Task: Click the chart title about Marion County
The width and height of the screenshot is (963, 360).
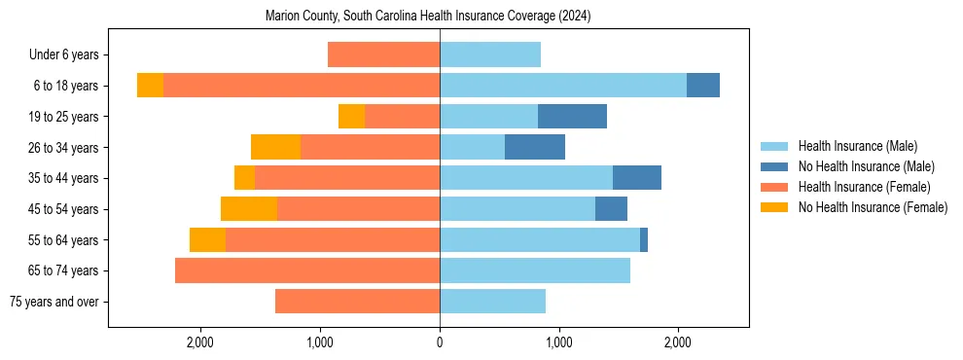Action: [x=428, y=17]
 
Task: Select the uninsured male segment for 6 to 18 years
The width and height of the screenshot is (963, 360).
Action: [x=703, y=86]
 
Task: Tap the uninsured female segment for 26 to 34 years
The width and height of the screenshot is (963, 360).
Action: [x=275, y=147]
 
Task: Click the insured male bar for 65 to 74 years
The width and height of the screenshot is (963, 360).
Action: [x=535, y=270]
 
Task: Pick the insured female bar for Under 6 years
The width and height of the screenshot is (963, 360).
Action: [x=383, y=54]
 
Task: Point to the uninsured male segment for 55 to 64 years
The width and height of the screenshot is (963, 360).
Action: [x=644, y=239]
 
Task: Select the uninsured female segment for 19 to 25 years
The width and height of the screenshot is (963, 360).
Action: [x=351, y=117]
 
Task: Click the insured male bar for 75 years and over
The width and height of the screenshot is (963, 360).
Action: [x=492, y=302]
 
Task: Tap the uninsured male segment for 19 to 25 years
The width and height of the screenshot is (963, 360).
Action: [x=572, y=117]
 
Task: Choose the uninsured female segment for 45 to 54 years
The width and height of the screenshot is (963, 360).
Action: [x=249, y=209]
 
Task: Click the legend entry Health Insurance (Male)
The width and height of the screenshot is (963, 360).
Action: [x=857, y=146]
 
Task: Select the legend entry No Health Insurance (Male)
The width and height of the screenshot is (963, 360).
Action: [x=866, y=166]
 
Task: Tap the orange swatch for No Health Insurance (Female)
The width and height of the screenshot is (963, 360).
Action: [x=774, y=207]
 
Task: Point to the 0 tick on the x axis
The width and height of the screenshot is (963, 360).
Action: [x=440, y=342]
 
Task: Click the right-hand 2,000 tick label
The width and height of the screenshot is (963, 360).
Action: [x=678, y=342]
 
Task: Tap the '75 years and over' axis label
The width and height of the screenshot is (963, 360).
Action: [x=58, y=302]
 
